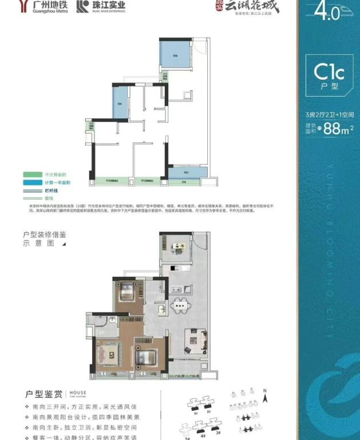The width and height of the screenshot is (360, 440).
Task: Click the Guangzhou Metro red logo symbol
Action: [23, 6]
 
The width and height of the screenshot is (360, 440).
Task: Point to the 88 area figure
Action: [331, 129]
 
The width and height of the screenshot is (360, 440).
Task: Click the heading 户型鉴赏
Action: [43, 394]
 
